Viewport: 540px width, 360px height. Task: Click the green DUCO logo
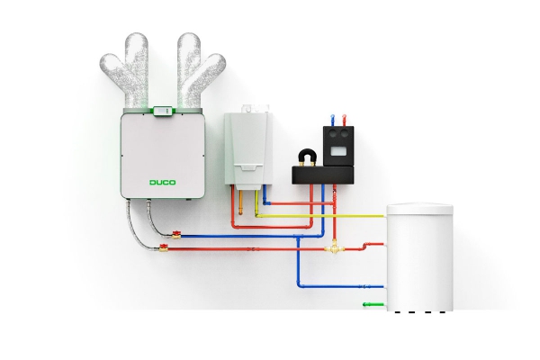click(x=163, y=182)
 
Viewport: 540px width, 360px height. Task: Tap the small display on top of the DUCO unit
click(x=163, y=111)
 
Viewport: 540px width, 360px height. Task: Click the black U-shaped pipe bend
click(x=308, y=157)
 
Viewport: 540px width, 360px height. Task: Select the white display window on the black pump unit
click(x=338, y=151)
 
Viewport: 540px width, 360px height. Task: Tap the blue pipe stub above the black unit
click(x=332, y=121)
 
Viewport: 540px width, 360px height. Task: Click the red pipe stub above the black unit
click(x=344, y=121)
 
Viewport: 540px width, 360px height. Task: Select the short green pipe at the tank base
click(x=373, y=304)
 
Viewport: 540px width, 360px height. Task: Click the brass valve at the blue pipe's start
click(x=176, y=235)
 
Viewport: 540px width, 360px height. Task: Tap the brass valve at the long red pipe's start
click(x=164, y=247)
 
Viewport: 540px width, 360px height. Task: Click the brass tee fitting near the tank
click(x=333, y=247)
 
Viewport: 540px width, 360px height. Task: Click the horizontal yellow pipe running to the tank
click(x=321, y=216)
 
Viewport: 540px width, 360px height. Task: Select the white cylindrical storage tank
click(x=419, y=257)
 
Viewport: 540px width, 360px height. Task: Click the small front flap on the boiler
click(x=247, y=167)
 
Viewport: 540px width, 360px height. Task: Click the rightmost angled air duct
click(x=208, y=71)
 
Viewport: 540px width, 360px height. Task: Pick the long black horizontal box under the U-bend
click(x=323, y=175)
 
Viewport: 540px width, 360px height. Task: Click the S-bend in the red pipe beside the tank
click(x=366, y=246)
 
